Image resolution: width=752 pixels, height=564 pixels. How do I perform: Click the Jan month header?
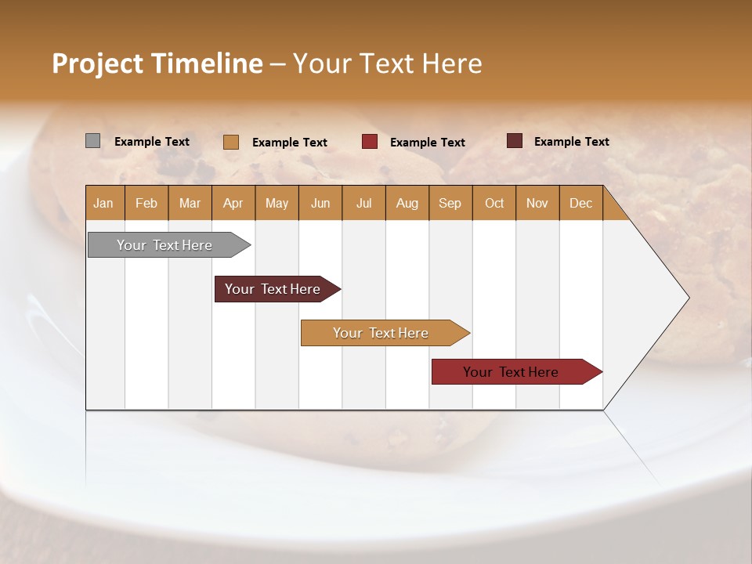pyautogui.click(x=104, y=203)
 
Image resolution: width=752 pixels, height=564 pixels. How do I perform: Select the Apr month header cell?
pyautogui.click(x=233, y=203)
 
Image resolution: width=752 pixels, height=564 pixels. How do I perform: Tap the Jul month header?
pyautogui.click(x=363, y=203)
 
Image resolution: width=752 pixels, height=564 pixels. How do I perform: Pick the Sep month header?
pyautogui.click(x=450, y=203)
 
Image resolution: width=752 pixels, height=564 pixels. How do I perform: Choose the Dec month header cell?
pyautogui.click(x=580, y=203)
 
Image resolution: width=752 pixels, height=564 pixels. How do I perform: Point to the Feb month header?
pyautogui.click(x=146, y=203)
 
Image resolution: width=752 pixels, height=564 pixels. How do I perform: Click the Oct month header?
pyautogui.click(x=494, y=203)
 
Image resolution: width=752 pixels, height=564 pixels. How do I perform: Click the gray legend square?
pyautogui.click(x=93, y=141)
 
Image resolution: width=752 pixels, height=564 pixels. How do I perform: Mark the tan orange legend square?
pyautogui.click(x=231, y=142)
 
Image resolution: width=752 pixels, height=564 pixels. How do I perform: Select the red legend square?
pyautogui.click(x=370, y=142)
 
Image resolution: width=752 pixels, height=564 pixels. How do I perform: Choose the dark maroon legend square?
pyautogui.click(x=515, y=141)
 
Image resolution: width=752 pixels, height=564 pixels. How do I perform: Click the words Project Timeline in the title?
pyautogui.click(x=157, y=63)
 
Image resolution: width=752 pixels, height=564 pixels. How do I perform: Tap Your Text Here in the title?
pyautogui.click(x=387, y=63)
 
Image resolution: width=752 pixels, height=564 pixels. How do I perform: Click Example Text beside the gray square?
pyautogui.click(x=152, y=142)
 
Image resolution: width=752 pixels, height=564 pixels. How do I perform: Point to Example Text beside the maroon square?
pyautogui.click(x=571, y=142)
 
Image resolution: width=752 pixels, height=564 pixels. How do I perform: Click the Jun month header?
pyautogui.click(x=320, y=203)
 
